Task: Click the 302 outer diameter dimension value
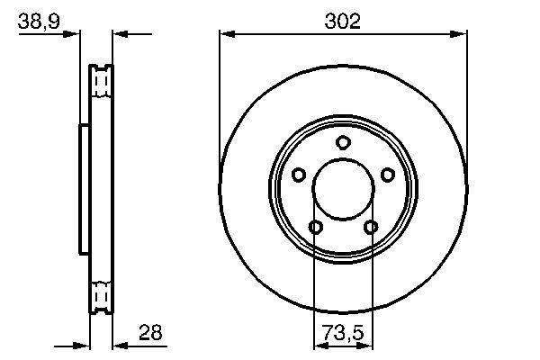tap(342, 22)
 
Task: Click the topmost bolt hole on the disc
tap(342, 142)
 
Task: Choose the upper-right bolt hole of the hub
tap(387, 175)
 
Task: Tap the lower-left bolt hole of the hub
tap(315, 227)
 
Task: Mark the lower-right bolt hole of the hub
tap(370, 227)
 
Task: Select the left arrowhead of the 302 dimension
tap(226, 35)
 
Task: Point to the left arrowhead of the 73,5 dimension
tap(318, 345)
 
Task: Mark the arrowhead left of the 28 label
tap(118, 345)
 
